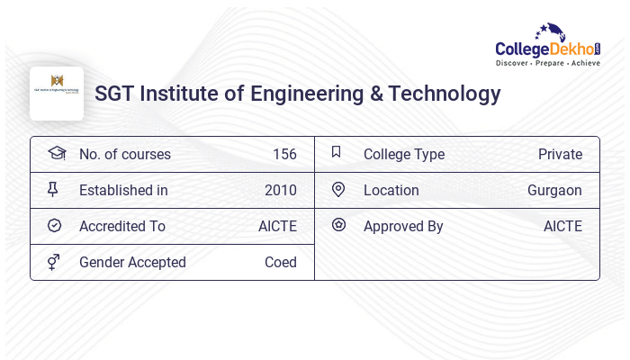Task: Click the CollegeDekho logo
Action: pyautogui.click(x=548, y=46)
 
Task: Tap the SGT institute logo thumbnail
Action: pyautogui.click(x=57, y=94)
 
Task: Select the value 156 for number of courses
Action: pyautogui.click(x=284, y=154)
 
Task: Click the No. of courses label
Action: pyautogui.click(x=124, y=154)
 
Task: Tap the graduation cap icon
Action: pyautogui.click(x=56, y=153)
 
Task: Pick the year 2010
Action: pyautogui.click(x=281, y=190)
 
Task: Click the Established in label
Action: pyautogui.click(x=123, y=190)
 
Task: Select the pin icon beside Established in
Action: pyautogui.click(x=54, y=189)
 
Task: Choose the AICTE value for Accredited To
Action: pyautogui.click(x=277, y=226)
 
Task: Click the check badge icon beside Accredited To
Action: pyautogui.click(x=54, y=226)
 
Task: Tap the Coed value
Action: pyautogui.click(x=281, y=262)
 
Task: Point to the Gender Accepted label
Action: pyautogui.click(x=132, y=262)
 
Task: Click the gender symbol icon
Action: pyautogui.click(x=54, y=262)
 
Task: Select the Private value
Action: pyautogui.click(x=560, y=154)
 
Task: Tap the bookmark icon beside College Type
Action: pyautogui.click(x=337, y=152)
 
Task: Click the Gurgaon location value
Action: pyautogui.click(x=554, y=190)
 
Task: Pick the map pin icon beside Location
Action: pyautogui.click(x=338, y=189)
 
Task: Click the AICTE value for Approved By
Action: pyautogui.click(x=562, y=226)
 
